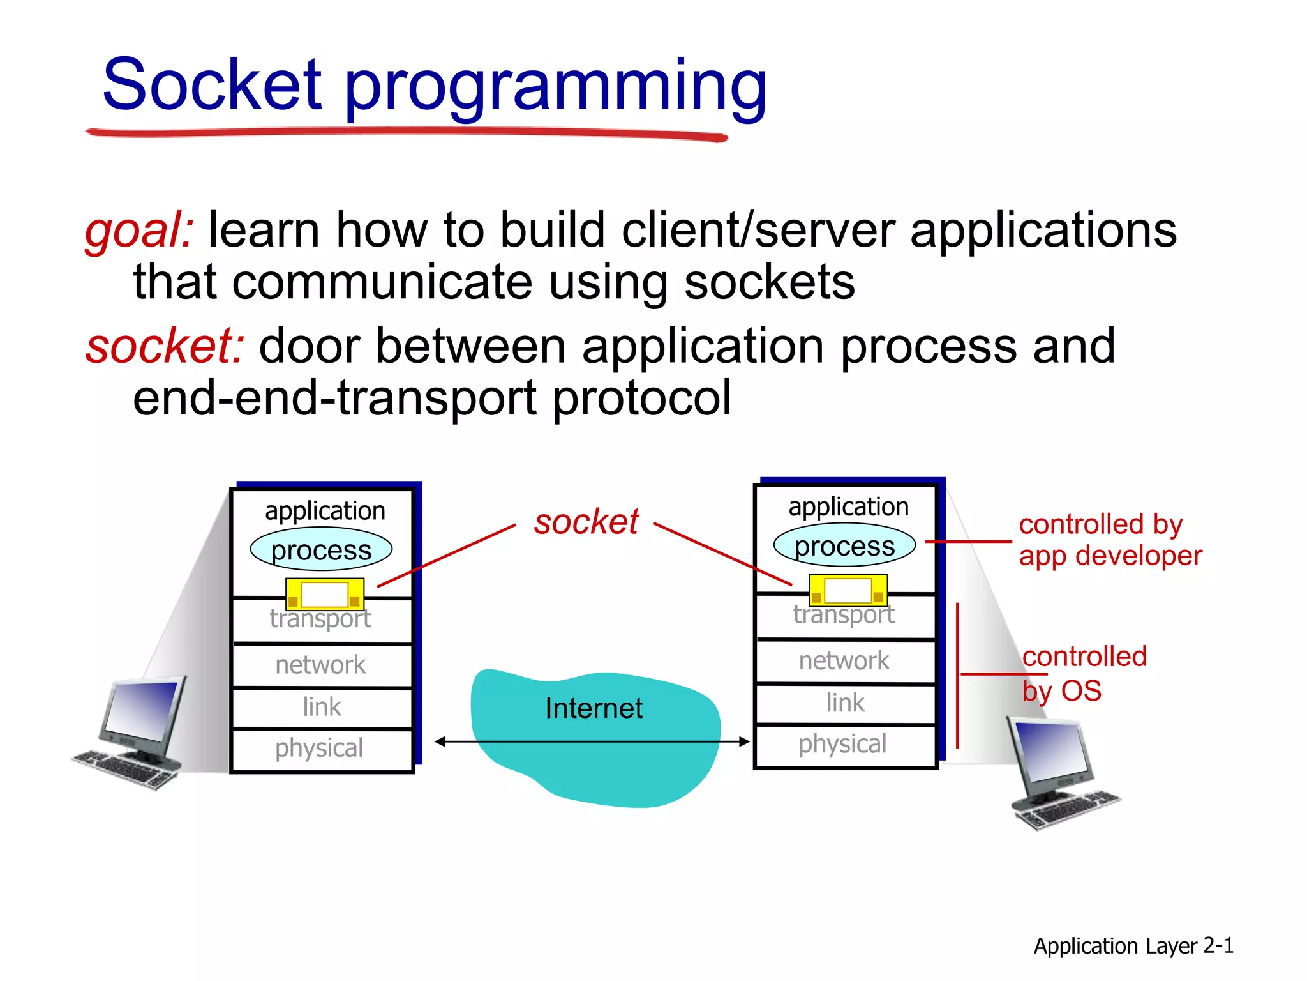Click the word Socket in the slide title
tap(212, 84)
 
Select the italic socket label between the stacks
tap(586, 522)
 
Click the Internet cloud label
tap(594, 708)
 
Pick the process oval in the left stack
tap(321, 550)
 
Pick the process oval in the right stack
tap(844, 546)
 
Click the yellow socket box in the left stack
tap(324, 594)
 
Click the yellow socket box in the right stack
tap(848, 589)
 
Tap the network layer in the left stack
tap(320, 665)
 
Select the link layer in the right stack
tap(845, 703)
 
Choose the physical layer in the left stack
tap(319, 748)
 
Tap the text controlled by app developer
tap(1110, 540)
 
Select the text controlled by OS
tap(1084, 673)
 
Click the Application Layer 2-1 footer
tap(1133, 945)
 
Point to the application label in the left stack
tap(325, 511)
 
